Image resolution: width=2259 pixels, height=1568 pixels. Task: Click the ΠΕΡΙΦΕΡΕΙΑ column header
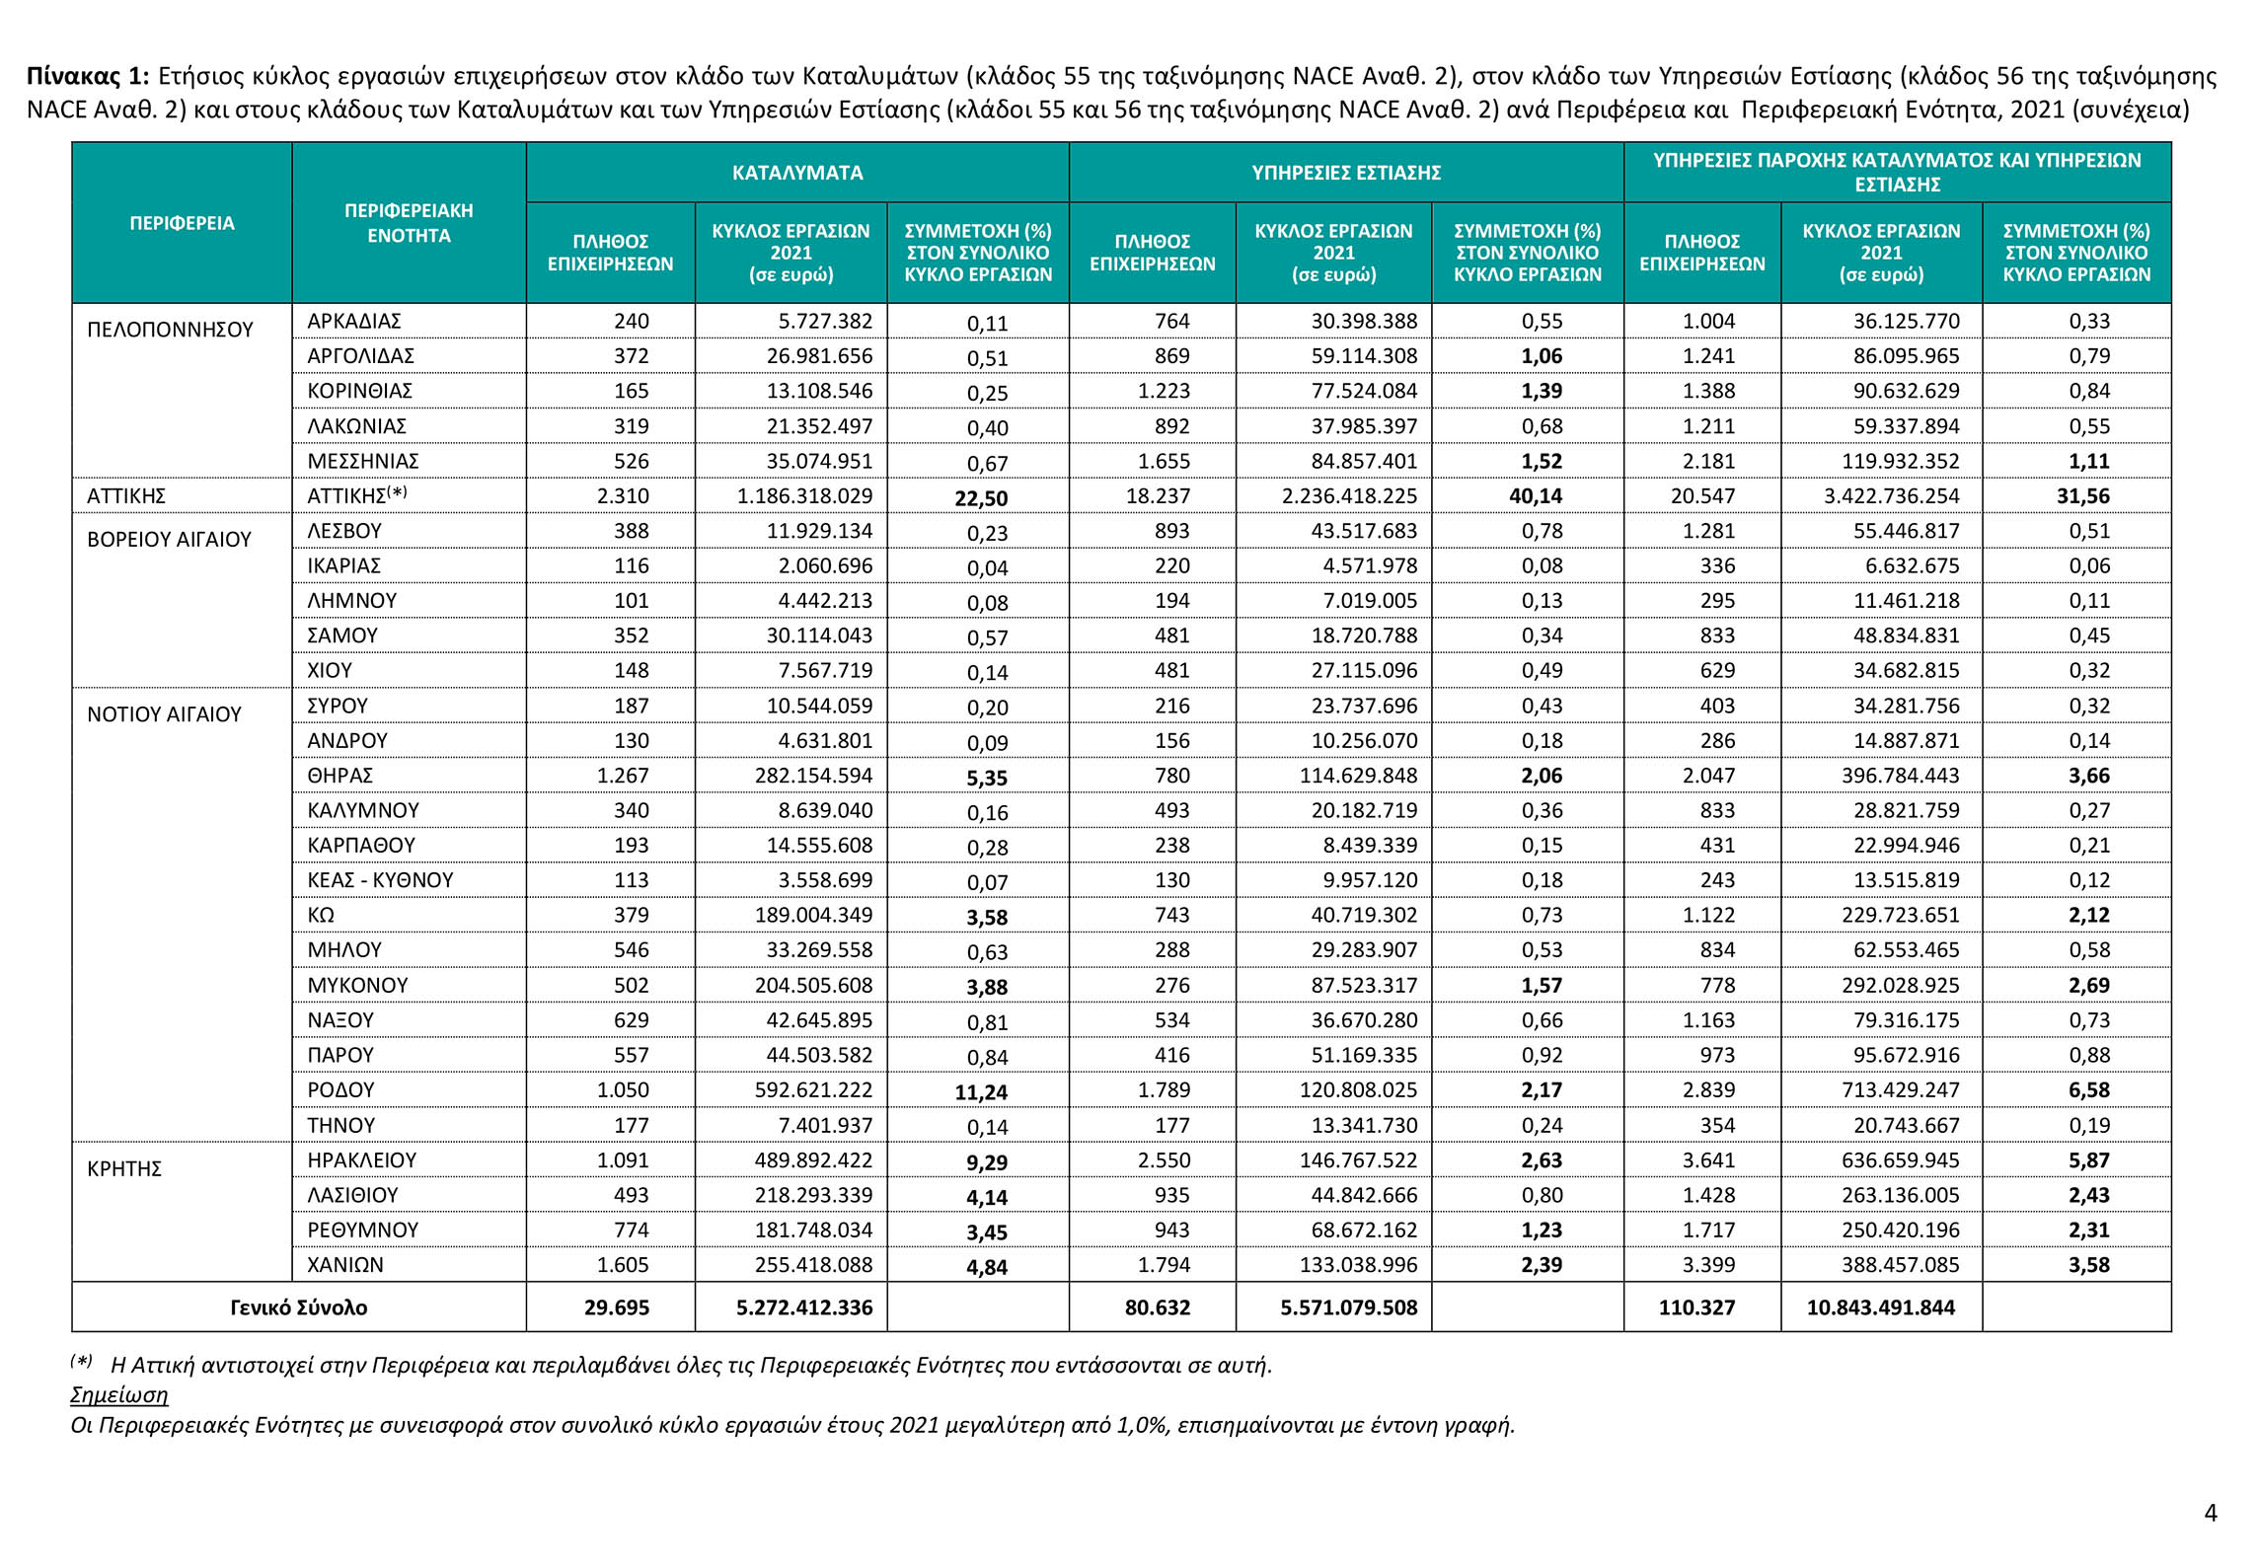pyautogui.click(x=182, y=223)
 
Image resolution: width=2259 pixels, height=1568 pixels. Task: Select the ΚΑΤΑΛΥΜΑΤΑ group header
pyautogui.click(x=797, y=173)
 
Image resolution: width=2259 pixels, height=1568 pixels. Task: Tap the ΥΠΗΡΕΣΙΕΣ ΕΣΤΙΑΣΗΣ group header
pyautogui.click(x=1346, y=173)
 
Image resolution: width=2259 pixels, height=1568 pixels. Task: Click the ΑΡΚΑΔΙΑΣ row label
pyautogui.click(x=354, y=322)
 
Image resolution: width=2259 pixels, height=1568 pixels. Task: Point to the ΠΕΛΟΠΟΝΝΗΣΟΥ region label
pyautogui.click(x=170, y=330)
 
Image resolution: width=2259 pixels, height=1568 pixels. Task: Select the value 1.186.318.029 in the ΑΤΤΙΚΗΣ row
pyautogui.click(x=804, y=496)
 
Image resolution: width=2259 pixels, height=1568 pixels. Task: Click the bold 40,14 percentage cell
pyautogui.click(x=1536, y=496)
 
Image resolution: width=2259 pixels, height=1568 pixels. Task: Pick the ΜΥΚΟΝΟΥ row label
pyautogui.click(x=357, y=985)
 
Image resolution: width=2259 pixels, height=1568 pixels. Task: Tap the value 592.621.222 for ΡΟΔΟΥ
pyautogui.click(x=813, y=1090)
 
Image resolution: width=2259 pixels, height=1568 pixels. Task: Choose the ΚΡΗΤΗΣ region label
pyautogui.click(x=124, y=1169)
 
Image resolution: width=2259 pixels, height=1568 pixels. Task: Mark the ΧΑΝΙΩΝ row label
pyautogui.click(x=345, y=1265)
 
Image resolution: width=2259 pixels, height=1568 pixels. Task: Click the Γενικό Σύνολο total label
pyautogui.click(x=298, y=1308)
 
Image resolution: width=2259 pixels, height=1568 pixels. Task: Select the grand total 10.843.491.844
pyautogui.click(x=1880, y=1308)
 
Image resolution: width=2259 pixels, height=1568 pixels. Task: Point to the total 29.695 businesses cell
pyautogui.click(x=617, y=1308)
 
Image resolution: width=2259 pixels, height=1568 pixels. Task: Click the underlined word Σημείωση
pyautogui.click(x=119, y=1395)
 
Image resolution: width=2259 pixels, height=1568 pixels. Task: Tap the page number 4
pyautogui.click(x=2211, y=1513)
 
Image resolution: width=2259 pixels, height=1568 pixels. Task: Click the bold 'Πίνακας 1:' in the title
pyautogui.click(x=88, y=77)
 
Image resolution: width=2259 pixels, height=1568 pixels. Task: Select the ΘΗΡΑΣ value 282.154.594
pyautogui.click(x=813, y=777)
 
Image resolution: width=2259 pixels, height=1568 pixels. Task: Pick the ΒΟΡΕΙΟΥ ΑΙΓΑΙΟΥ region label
pyautogui.click(x=169, y=540)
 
